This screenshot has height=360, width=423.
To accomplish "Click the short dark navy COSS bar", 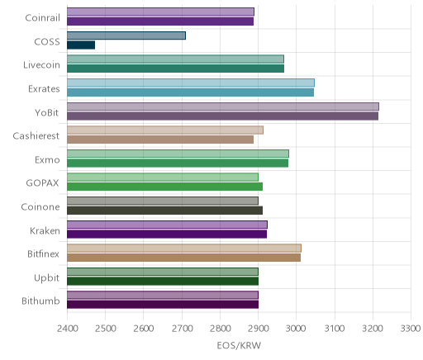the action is click(81, 45).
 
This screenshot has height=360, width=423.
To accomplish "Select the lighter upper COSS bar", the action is click(126, 36).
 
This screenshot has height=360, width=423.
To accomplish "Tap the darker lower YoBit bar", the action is click(222, 116).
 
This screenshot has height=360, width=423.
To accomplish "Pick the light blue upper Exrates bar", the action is click(191, 83).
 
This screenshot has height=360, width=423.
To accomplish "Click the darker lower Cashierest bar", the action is click(160, 140).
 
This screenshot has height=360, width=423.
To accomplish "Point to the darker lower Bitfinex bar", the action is click(183, 258).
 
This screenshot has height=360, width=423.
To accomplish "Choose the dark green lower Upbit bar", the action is click(163, 282).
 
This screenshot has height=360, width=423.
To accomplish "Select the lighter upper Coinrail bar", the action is click(160, 12).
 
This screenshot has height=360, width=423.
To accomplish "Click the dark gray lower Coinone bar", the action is click(164, 211).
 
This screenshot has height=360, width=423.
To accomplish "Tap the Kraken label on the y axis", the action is click(45, 230).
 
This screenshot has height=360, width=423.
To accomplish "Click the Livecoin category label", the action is click(41, 65).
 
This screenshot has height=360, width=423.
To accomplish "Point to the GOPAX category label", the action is click(42, 183).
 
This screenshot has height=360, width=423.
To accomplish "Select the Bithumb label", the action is click(40, 301).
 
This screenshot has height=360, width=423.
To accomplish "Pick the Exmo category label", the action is click(47, 159).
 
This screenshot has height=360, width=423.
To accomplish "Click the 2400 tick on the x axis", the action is click(67, 329).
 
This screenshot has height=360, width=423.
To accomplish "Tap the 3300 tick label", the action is click(411, 329).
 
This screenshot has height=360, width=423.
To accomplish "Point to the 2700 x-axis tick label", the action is click(182, 329).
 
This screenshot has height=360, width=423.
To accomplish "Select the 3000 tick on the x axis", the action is click(296, 329).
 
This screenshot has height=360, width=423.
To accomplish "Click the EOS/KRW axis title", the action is click(239, 345).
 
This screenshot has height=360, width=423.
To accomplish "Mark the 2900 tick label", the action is click(258, 329).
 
